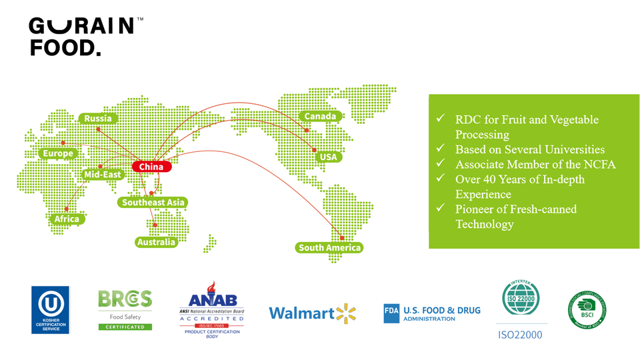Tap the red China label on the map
click(x=151, y=167)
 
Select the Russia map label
click(x=98, y=119)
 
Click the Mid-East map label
click(x=103, y=175)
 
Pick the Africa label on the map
click(x=67, y=219)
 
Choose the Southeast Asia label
click(x=154, y=202)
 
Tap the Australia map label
click(x=157, y=242)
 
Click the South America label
click(x=329, y=248)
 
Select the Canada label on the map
click(x=321, y=117)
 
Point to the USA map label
click(x=329, y=157)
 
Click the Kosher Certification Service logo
click(x=50, y=309)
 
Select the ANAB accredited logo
click(x=212, y=310)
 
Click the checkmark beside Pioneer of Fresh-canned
click(x=440, y=209)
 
